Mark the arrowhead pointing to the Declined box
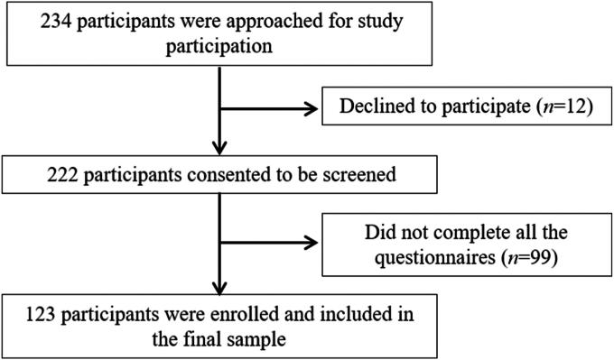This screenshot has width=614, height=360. pos(315,109)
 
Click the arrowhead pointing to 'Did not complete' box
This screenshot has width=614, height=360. pos(315,242)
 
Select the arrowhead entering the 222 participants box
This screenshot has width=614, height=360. pos(218,149)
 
